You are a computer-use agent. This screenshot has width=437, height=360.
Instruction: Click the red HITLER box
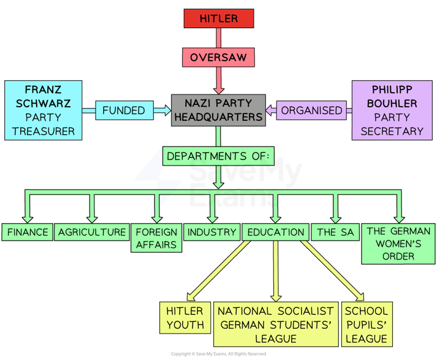[219, 18]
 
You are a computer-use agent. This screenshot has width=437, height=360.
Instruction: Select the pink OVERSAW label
[219, 58]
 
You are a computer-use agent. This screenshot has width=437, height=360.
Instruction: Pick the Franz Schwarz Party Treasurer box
[42, 110]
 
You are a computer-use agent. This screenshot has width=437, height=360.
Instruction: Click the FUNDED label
[124, 110]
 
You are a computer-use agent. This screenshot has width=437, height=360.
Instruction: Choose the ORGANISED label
[311, 110]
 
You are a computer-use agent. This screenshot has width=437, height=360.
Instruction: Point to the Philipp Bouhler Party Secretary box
[392, 110]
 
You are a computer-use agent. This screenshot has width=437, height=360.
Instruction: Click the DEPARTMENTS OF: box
[218, 156]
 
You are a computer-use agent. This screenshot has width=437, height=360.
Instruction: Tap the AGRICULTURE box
[92, 232]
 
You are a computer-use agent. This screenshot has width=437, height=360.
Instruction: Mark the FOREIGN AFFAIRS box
[156, 238]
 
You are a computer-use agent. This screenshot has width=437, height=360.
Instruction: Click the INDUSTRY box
[211, 232]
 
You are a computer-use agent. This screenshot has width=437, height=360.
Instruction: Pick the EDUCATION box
[276, 232]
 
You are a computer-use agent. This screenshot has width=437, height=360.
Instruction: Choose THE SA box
[335, 232]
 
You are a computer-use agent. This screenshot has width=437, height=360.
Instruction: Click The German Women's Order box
[398, 243]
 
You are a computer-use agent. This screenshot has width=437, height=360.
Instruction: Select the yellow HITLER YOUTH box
[185, 318]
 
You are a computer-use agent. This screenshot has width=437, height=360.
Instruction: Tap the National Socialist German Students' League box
[276, 324]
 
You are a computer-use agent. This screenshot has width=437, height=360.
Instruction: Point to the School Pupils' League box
[366, 324]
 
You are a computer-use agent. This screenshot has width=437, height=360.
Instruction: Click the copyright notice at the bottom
[218, 354]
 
